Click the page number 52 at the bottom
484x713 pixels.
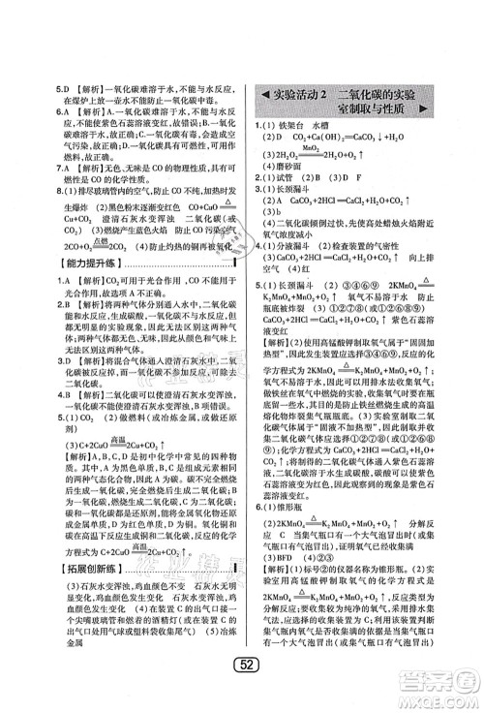coord(243,690)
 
